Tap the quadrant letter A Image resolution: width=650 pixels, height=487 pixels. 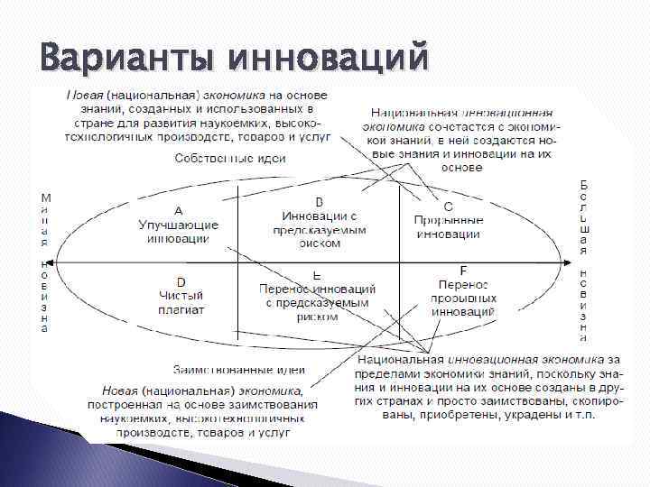coord(178,209)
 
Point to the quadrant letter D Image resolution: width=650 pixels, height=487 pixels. coord(181,282)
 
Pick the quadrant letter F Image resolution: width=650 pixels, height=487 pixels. coord(463,270)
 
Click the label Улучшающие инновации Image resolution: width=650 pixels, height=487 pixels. coord(178,231)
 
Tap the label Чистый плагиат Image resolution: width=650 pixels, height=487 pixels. coord(181,302)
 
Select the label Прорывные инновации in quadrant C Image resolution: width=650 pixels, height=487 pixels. coord(448,226)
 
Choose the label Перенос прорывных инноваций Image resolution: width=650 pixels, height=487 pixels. coord(463,297)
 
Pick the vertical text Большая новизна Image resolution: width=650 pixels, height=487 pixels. coord(584,262)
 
